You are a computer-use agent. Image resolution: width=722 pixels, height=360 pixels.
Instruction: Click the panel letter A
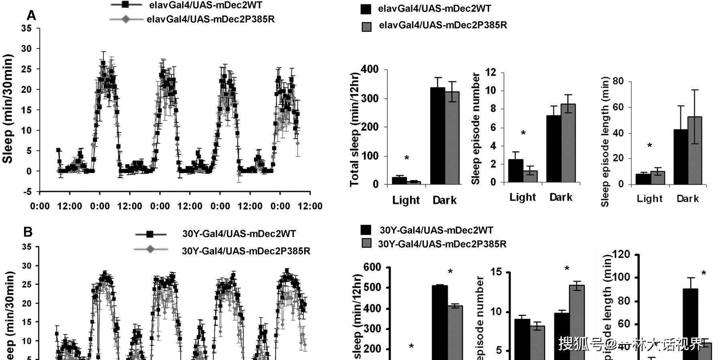tap(31, 15)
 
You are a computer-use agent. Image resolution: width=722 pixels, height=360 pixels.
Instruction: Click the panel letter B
tap(28, 232)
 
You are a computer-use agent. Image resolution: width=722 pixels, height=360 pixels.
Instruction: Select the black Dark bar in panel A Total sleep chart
tap(438, 136)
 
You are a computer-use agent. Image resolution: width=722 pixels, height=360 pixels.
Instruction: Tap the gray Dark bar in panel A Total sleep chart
tap(452, 138)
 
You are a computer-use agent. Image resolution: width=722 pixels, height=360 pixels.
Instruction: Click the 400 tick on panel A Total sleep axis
tap(369, 69)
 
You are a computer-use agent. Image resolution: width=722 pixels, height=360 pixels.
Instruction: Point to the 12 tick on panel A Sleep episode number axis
tap(491, 73)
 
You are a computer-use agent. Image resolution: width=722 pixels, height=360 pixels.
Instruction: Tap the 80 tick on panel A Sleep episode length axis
tap(618, 81)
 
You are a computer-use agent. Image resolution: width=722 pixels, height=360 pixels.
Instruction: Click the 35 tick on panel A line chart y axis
tap(26, 28)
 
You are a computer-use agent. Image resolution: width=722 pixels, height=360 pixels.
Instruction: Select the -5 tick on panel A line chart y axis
tap(27, 192)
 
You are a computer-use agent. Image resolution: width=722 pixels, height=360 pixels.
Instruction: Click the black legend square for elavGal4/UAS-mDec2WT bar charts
tap(366, 9)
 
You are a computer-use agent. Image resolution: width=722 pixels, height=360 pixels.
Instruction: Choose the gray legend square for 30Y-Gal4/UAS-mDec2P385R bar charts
tap(367, 243)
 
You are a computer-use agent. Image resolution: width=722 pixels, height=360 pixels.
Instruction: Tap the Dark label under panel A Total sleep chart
tap(444, 200)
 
